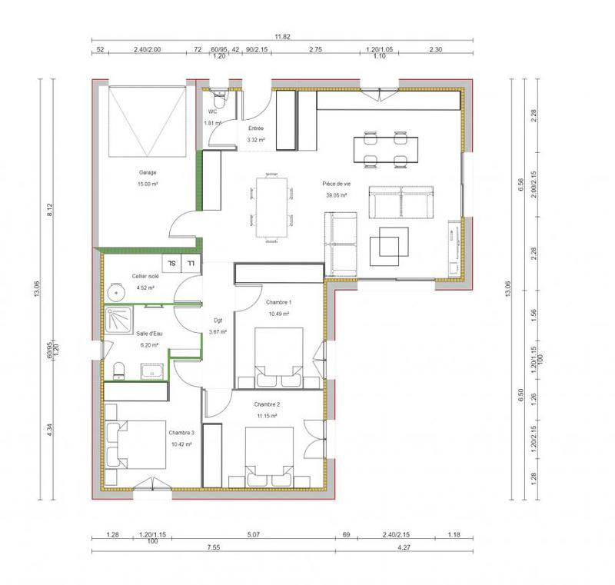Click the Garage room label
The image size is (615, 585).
click(148, 173)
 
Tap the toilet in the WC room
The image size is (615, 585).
click(218, 100)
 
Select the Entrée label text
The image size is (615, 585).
click(255, 128)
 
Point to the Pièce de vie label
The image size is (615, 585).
click(337, 184)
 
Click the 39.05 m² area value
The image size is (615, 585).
click(337, 195)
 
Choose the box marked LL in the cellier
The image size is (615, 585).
click(190, 263)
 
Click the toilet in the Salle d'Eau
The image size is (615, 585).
click(118, 371)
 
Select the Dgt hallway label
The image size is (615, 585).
click(218, 321)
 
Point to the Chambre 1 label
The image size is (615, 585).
click(278, 303)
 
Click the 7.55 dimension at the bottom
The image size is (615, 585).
click(213, 548)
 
